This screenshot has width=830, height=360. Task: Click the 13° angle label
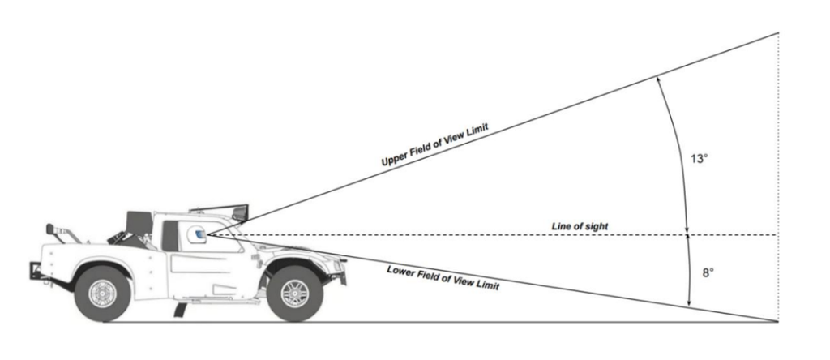coord(699,158)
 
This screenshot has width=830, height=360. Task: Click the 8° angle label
coord(708,272)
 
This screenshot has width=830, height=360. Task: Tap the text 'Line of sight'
coord(580,226)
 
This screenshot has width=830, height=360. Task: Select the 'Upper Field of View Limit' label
coord(434,144)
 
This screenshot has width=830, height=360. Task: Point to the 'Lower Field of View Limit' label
coord(443,276)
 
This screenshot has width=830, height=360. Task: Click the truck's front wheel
coord(295,294)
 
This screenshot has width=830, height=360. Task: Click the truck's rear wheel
coord(102,294)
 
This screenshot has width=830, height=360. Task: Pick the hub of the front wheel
coord(295,294)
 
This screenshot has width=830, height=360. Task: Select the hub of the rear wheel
coord(102,294)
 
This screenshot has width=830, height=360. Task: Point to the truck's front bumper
coord(341,269)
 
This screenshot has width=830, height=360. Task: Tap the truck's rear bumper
coord(37,271)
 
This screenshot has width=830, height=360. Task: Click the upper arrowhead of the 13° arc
coord(657,79)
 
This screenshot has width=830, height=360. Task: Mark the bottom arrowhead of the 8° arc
coord(689,302)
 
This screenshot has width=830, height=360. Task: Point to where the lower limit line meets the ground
coord(777,321)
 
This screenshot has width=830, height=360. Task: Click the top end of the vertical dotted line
coord(779,32)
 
